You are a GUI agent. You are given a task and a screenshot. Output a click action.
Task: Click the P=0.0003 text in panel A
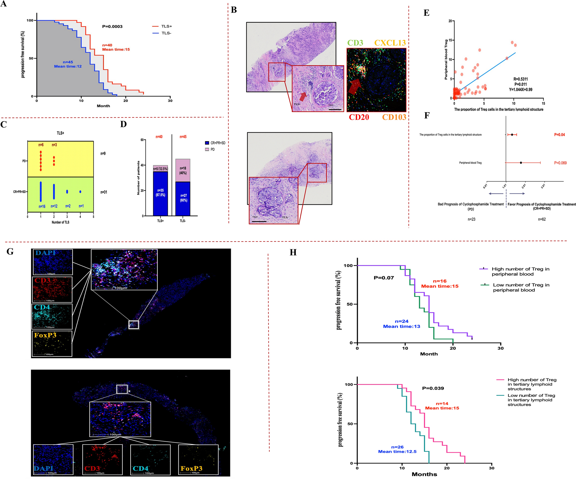click(x=112, y=26)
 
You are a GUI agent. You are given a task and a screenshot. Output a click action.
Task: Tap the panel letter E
click(x=426, y=13)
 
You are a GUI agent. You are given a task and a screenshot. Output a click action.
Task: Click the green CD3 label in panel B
click(x=355, y=43)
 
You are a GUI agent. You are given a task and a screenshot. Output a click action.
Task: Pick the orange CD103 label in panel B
click(x=394, y=117)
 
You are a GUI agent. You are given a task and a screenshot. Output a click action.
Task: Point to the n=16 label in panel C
click(x=42, y=206)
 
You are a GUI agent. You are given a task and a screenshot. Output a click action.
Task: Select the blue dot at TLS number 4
click(x=80, y=192)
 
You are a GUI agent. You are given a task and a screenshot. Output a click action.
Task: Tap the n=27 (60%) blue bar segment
click(x=183, y=198)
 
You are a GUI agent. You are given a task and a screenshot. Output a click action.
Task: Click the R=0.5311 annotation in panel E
click(x=520, y=79)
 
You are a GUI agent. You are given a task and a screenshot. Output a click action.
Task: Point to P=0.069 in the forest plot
click(x=560, y=163)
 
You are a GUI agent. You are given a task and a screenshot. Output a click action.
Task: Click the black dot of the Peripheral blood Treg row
click(x=521, y=163)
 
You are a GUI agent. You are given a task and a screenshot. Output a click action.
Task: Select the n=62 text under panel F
click(x=542, y=219)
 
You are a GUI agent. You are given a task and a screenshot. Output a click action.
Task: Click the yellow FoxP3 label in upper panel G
click(x=45, y=335)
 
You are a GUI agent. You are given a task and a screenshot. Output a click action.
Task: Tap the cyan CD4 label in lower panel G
click(x=140, y=468)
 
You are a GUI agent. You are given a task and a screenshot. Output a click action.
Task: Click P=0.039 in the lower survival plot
click(x=433, y=388)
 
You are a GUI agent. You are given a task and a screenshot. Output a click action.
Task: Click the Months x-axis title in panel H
click(x=424, y=474)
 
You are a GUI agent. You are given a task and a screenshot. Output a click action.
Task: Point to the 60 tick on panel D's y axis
click(x=142, y=140)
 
